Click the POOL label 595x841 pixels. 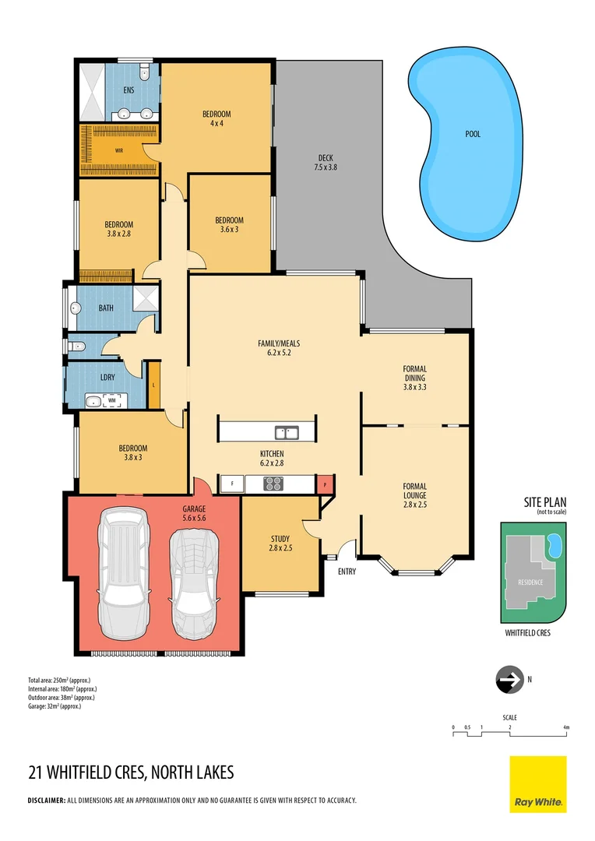coord(473,134)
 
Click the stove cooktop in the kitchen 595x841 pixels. coord(274,484)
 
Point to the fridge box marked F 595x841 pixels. coord(231,484)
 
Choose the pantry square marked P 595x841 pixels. coord(325,484)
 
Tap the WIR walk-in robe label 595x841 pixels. coord(119,150)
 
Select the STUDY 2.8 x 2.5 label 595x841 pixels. coord(280,543)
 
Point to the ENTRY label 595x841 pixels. coord(347,571)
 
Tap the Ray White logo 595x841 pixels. coord(537,783)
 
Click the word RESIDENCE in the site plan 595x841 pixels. coord(532,582)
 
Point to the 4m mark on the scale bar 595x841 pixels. coord(566,727)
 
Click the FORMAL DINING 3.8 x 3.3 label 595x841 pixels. coord(414,378)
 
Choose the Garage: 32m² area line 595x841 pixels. coord(55,706)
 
